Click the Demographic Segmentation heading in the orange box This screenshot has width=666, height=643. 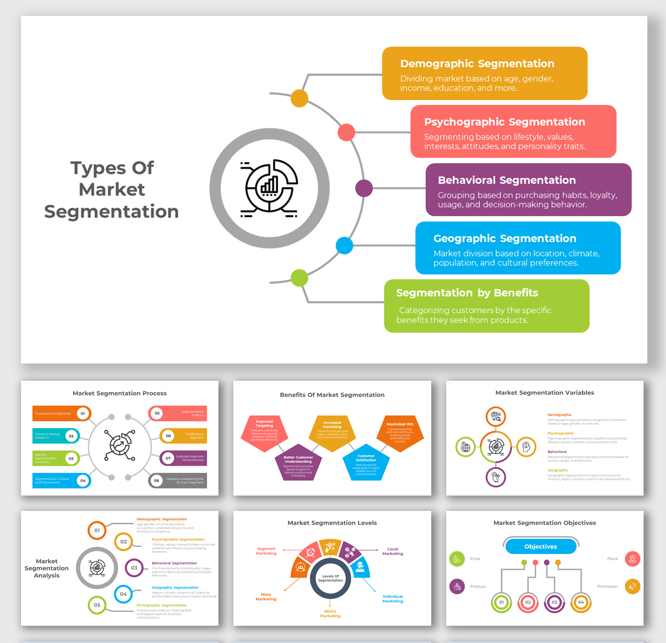[477, 63]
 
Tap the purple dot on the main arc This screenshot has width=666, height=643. [364, 189]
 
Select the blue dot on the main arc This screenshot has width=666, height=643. [344, 245]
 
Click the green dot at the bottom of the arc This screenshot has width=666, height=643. [299, 278]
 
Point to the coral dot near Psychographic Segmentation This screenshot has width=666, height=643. [346, 133]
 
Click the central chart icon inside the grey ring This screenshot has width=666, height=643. [269, 189]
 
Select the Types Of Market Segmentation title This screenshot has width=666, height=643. [112, 189]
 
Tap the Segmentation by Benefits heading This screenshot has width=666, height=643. [467, 293]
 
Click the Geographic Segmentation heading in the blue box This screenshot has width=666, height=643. [505, 238]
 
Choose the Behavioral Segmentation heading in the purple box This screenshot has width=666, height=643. [506, 180]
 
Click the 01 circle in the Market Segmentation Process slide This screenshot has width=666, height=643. [83, 413]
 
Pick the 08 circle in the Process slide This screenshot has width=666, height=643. [156, 481]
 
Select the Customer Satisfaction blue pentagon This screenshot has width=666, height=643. [366, 462]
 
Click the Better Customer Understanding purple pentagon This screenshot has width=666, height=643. [298, 463]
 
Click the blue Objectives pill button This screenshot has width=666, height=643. [540, 546]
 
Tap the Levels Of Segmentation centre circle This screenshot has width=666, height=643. [330, 578]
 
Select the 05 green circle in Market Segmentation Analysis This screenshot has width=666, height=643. [97, 605]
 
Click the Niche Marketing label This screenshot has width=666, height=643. [330, 614]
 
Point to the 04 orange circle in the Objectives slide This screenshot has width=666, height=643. [581, 602]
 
